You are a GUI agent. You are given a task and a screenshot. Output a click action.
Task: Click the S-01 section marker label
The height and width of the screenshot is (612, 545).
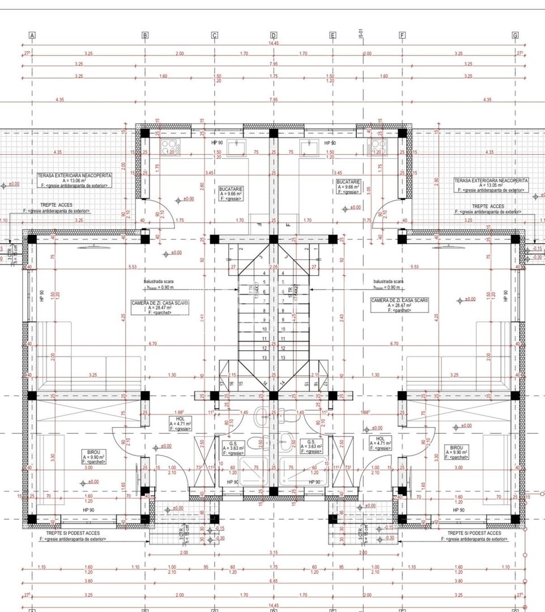click(x=360, y=35)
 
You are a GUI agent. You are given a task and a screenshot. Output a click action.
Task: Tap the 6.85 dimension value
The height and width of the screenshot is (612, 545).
click(x=274, y=581)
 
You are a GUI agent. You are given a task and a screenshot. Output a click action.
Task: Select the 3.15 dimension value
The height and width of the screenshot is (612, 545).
click(x=274, y=552)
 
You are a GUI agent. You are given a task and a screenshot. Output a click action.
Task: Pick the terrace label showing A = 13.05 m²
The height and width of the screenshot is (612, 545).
click(x=491, y=184)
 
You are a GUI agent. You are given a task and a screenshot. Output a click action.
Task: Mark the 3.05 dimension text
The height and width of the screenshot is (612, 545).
click(x=369, y=190)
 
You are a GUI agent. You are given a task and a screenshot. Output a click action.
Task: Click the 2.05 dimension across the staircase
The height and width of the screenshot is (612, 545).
click(x=274, y=267)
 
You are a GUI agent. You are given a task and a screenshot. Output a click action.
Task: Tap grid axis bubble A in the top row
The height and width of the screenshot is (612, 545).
click(x=32, y=35)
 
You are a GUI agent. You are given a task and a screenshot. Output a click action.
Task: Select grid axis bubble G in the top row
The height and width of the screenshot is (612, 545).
click(x=515, y=35)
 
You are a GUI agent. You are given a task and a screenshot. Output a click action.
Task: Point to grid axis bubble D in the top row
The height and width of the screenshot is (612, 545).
click(x=274, y=35)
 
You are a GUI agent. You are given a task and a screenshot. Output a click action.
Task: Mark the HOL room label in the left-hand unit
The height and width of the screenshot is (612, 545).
click(x=180, y=422)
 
